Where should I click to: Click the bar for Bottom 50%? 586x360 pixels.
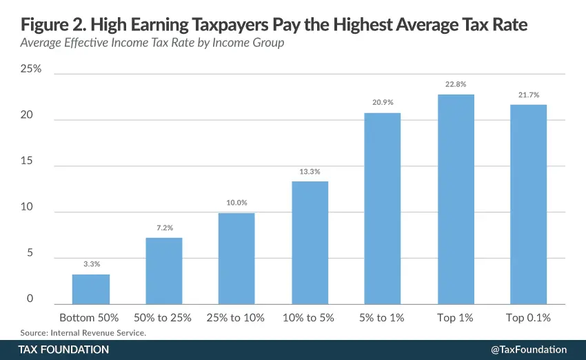pyautogui.click(x=91, y=289)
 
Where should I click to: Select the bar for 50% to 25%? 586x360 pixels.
pyautogui.click(x=163, y=270)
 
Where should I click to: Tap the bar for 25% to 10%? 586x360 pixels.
pyautogui.click(x=236, y=258)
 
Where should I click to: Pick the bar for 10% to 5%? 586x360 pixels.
pyautogui.click(x=310, y=242)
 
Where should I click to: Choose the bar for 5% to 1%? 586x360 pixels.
pyautogui.click(x=382, y=208)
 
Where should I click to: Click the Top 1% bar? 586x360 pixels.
pyautogui.click(x=456, y=199)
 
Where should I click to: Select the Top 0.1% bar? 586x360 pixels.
pyautogui.click(x=528, y=204)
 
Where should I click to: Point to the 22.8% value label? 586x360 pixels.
pyautogui.click(x=456, y=84)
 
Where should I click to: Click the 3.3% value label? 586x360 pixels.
pyautogui.click(x=91, y=263)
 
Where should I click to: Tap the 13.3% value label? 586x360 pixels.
pyautogui.click(x=310, y=171)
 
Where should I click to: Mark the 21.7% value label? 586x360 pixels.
pyautogui.click(x=528, y=94)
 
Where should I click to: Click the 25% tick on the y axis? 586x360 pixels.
pyautogui.click(x=31, y=70)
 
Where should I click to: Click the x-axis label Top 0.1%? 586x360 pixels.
pyautogui.click(x=528, y=318)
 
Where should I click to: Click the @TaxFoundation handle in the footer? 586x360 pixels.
pyautogui.click(x=528, y=350)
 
